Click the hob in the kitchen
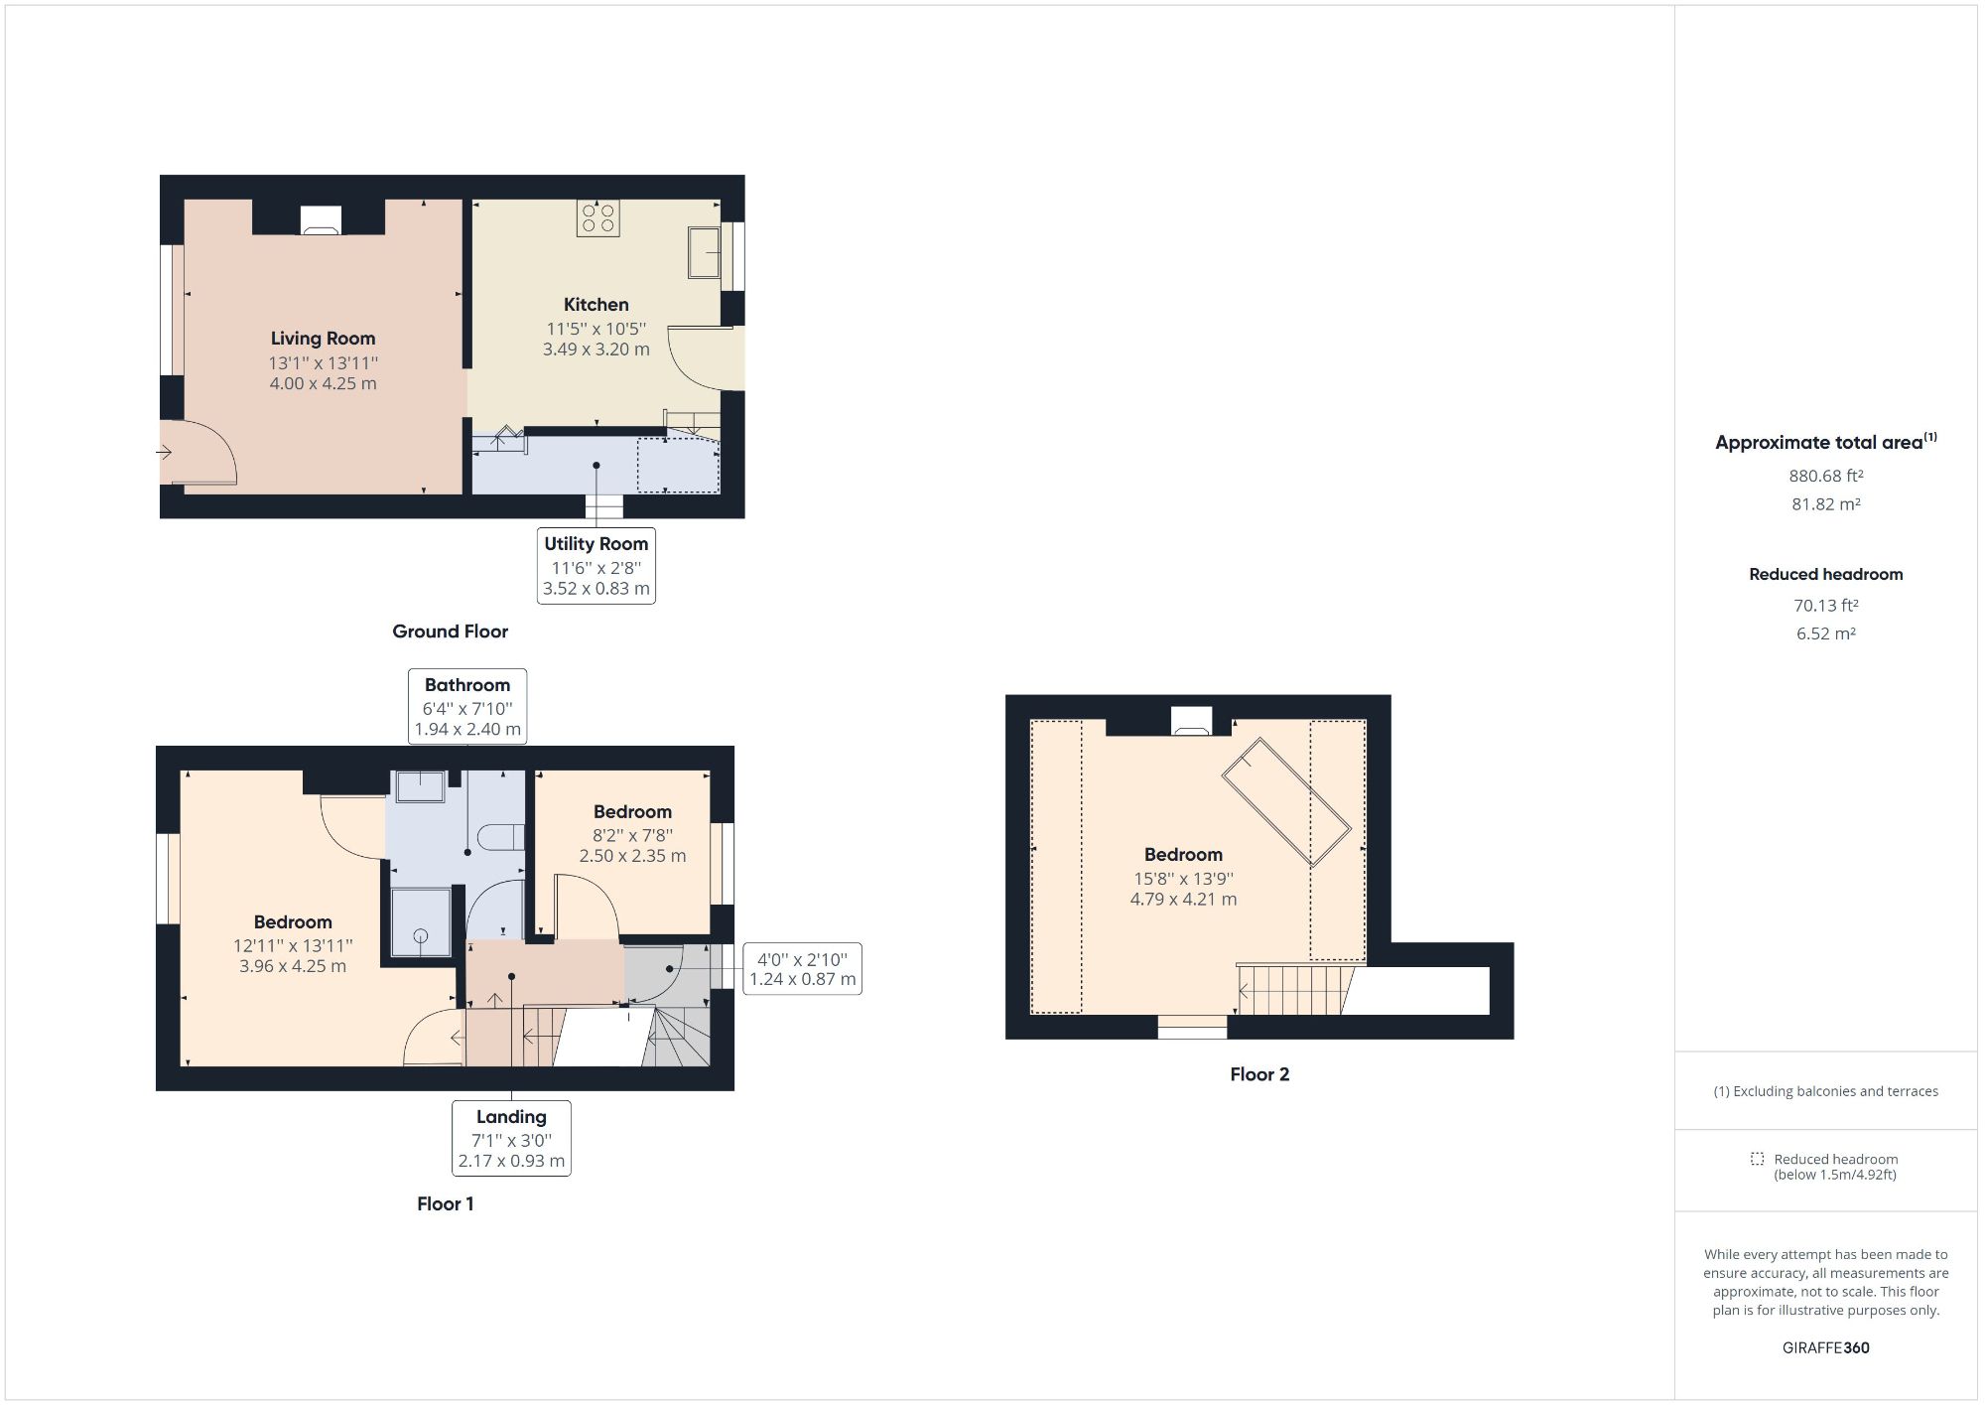(598, 217)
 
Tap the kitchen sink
(704, 252)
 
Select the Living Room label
(323, 339)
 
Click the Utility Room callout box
(595, 565)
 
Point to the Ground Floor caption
(450, 632)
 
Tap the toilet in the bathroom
(501, 836)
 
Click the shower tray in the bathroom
(420, 922)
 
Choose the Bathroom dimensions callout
(466, 706)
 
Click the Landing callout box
(511, 1138)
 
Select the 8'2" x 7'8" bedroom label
(632, 833)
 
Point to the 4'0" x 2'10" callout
(802, 969)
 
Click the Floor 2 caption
(1258, 1074)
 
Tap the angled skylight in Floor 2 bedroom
(1285, 801)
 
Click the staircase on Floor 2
(1290, 990)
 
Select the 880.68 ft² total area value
(1825, 476)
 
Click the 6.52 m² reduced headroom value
(1825, 633)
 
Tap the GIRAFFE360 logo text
(1825, 1347)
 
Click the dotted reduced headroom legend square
(1757, 1159)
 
